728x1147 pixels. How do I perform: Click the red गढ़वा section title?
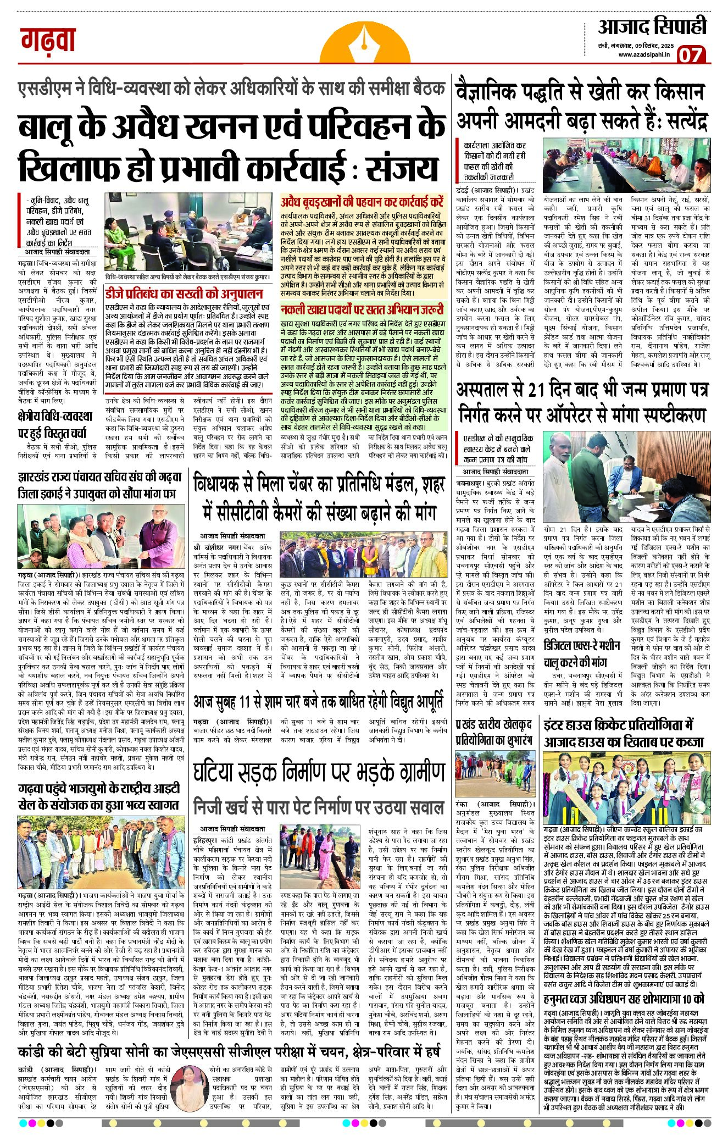click(x=48, y=40)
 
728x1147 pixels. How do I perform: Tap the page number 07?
click(x=691, y=54)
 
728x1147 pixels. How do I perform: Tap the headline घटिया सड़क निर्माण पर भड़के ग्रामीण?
click(x=319, y=772)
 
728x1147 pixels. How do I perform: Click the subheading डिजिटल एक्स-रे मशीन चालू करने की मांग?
click(x=582, y=652)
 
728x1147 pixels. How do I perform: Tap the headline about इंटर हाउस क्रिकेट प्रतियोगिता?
click(x=624, y=732)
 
